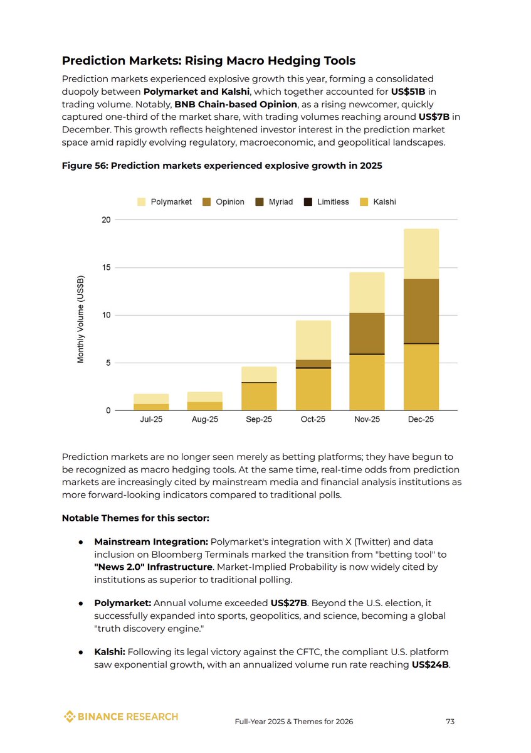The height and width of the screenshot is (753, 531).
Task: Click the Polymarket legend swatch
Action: [141, 202]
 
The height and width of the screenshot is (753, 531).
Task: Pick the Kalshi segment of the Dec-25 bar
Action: [421, 377]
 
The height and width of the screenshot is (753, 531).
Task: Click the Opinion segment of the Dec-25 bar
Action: [421, 311]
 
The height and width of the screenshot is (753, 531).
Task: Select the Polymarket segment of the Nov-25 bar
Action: [367, 292]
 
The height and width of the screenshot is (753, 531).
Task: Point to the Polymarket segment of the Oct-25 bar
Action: [313, 340]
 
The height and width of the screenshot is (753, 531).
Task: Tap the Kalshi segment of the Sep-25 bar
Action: [259, 396]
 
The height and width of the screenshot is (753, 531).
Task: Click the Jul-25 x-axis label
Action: [151, 420]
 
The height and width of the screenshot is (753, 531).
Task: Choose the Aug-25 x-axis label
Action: [205, 420]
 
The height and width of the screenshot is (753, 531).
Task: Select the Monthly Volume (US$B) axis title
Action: [81, 320]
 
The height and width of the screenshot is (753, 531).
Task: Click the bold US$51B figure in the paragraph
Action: [409, 92]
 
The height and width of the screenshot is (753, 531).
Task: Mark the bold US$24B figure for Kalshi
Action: [431, 665]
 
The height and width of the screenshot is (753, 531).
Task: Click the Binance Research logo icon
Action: [70, 717]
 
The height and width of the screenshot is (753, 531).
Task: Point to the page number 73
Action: [450, 722]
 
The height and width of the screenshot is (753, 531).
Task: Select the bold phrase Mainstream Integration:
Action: [151, 542]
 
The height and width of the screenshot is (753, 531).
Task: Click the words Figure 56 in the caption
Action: [83, 166]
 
